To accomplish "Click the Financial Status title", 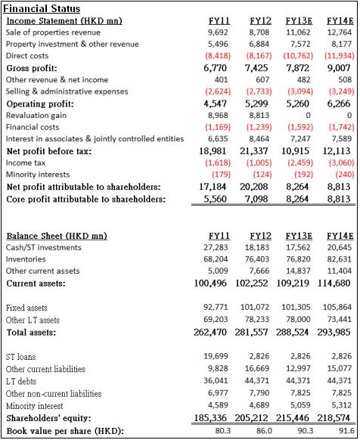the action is coord(42,8).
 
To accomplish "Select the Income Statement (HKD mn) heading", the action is coord(64,21).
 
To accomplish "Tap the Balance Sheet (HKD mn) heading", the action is coord(57,236).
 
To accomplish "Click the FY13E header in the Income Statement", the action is coord(299,20).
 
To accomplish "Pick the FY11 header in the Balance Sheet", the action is coord(219,236).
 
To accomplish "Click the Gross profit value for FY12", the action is coord(256,68).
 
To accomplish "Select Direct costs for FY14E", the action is coord(340,56).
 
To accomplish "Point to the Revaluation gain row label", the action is coord(36,116).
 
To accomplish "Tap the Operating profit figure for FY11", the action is coord(215,104).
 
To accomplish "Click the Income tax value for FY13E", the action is coord(300,163).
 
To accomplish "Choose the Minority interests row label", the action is coord(38,175).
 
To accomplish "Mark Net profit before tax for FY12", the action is coord(254,151).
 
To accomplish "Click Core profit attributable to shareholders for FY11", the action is coord(215,199).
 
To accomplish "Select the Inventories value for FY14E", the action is coord(340,259).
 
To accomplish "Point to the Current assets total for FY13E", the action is coord(293,284).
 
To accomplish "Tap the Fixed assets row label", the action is coord(26,308).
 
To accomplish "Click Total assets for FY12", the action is coord(251,332).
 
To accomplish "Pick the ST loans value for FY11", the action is coord(216,356).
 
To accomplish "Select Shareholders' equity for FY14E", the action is coord(334,418).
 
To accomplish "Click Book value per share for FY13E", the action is coord(306,431).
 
